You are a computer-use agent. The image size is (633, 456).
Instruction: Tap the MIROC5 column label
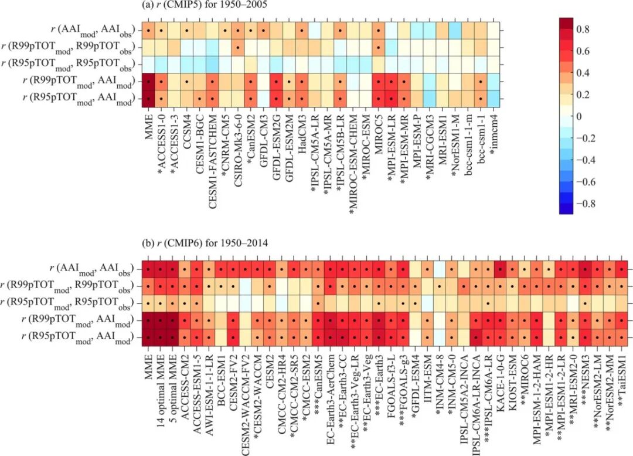(x=378, y=129)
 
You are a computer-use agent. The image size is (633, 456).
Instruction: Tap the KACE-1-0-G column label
(x=501, y=376)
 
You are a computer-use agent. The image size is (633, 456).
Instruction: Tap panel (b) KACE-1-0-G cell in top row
(x=501, y=270)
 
